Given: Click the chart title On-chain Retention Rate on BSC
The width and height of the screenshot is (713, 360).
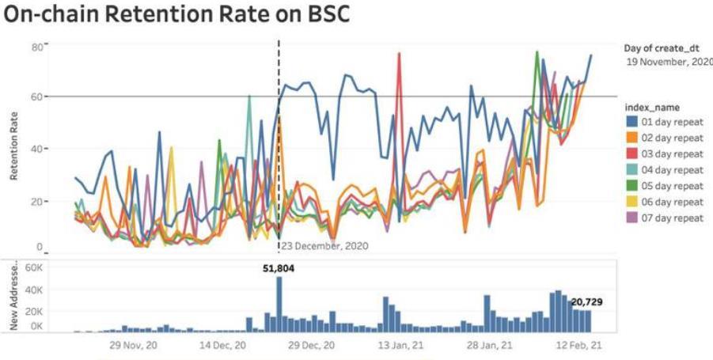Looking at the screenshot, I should click(175, 16).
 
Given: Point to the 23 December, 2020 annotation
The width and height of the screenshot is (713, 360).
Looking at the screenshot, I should click(325, 245).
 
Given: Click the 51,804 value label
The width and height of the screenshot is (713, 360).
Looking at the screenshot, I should click(279, 268).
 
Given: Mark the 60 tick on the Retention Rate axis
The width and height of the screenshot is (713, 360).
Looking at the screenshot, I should click(36, 97).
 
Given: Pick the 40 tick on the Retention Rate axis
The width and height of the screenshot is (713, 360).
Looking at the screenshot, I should click(36, 149).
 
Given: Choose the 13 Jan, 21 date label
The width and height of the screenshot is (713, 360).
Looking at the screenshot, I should click(393, 346).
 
